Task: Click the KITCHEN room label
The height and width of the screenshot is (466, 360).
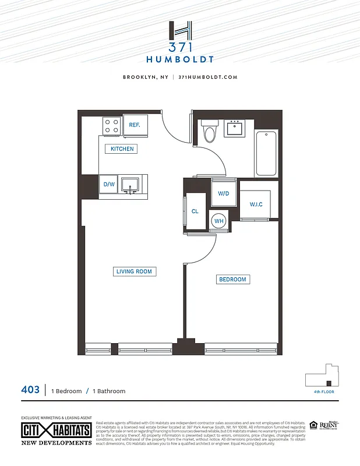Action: (x=122, y=149)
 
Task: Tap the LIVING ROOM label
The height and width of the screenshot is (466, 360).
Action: (x=134, y=271)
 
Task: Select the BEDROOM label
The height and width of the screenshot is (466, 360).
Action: (x=232, y=280)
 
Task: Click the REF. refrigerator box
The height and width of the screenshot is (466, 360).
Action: (x=135, y=125)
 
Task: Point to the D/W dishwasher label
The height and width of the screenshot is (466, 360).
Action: (x=109, y=185)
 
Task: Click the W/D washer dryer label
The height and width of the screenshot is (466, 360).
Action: (x=223, y=193)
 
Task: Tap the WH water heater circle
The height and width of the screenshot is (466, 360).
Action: (x=219, y=221)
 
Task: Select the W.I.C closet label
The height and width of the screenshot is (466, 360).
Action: (x=256, y=204)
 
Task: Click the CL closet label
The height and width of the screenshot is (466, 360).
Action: (x=195, y=211)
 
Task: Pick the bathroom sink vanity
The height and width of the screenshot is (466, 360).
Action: (x=237, y=128)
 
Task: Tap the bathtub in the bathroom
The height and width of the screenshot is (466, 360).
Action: (x=267, y=153)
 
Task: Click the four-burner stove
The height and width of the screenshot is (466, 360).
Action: (x=112, y=125)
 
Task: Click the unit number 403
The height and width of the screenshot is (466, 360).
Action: (x=30, y=390)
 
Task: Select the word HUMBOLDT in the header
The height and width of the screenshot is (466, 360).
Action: (x=180, y=59)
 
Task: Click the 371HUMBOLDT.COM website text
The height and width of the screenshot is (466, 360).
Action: (x=207, y=77)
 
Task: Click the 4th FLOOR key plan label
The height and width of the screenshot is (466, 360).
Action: (x=324, y=393)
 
